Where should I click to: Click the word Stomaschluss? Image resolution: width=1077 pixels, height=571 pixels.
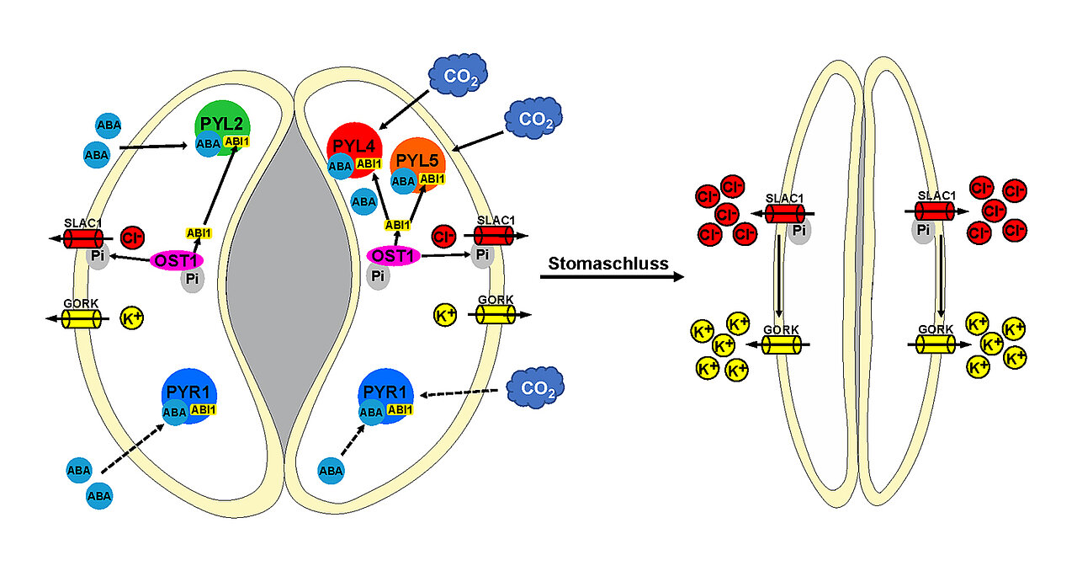click(608, 264)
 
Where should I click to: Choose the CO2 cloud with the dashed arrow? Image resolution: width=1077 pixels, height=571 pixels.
click(535, 388)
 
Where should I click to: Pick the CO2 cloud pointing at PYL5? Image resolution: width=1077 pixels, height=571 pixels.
click(533, 119)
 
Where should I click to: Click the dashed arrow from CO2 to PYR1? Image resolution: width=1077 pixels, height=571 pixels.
click(463, 392)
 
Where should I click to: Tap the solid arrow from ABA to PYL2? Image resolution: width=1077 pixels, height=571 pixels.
click(152, 147)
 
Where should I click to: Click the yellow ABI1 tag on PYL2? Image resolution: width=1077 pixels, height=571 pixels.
click(236, 141)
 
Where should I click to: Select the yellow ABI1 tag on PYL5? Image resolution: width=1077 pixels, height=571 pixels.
click(432, 179)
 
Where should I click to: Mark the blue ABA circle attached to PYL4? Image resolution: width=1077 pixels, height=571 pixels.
click(340, 167)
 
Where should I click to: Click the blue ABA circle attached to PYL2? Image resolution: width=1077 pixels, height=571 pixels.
click(208, 144)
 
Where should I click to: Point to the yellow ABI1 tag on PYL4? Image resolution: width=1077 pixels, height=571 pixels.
click(369, 164)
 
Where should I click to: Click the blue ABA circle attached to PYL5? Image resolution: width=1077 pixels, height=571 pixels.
click(404, 180)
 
